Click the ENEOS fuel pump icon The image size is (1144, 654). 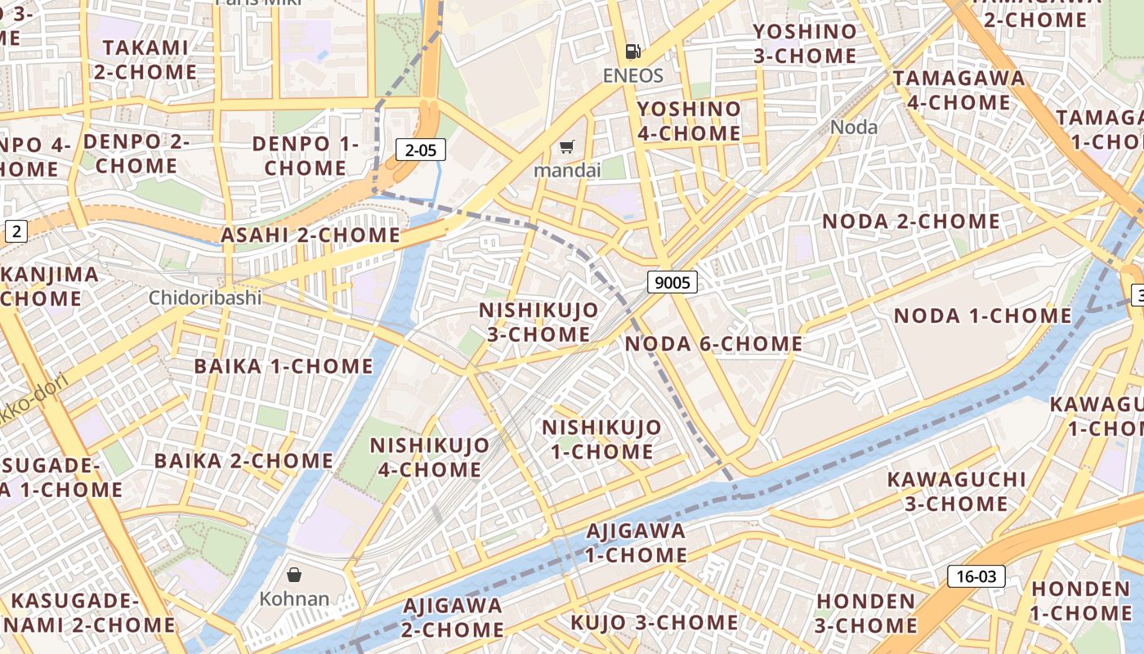tap(632, 52)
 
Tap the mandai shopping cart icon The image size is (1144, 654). tap(566, 147)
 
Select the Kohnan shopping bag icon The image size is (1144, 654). tap(294, 575)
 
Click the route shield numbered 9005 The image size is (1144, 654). tap(673, 283)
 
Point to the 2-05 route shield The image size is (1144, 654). tap(421, 150)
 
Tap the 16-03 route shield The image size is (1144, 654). tap(976, 576)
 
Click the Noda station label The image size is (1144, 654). tap(854, 128)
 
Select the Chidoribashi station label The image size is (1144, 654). tap(205, 298)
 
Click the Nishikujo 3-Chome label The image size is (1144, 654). tap(538, 322)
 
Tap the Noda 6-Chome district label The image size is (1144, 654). tap(713, 344)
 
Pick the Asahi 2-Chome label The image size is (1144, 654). tap(311, 235)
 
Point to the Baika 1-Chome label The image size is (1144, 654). tap(283, 366)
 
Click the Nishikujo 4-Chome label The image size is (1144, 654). tap(430, 457)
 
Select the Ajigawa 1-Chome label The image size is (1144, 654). tap(637, 543)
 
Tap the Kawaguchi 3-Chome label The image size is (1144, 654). tap(956, 490)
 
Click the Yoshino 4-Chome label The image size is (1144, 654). tap(689, 121)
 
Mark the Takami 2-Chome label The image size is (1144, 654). tap(145, 60)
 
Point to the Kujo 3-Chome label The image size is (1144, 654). tap(654, 623)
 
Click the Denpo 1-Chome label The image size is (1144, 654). tap(306, 155)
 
